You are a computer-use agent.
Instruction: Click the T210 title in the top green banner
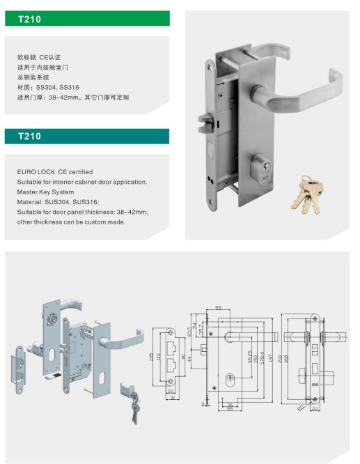[29, 20]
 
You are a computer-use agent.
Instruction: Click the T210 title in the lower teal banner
[29, 137]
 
